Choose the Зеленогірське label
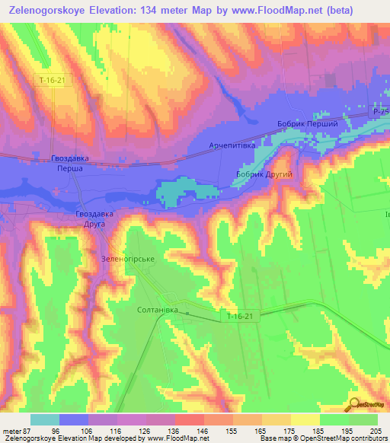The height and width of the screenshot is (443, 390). [x=128, y=259]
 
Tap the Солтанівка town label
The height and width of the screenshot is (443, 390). [x=157, y=311]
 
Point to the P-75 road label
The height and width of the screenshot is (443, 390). [x=380, y=111]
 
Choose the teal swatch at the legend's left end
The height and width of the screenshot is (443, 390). [x=45, y=419]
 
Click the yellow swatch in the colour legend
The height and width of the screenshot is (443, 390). [x=305, y=419]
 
